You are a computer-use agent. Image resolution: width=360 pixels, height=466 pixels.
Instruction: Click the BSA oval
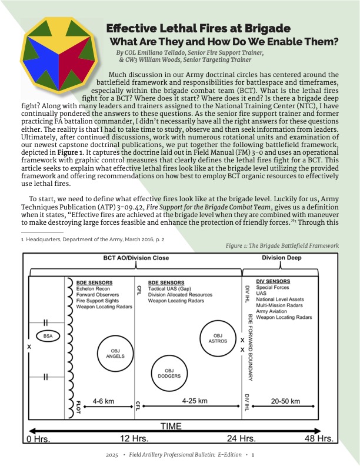coord(47,336)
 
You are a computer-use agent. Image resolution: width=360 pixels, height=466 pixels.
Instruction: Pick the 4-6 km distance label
coord(107,401)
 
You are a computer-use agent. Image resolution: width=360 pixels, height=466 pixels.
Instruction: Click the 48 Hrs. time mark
coord(318,439)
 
